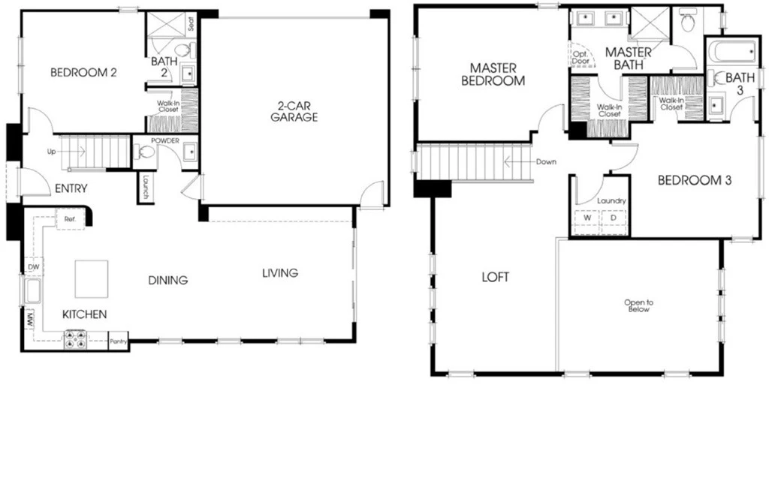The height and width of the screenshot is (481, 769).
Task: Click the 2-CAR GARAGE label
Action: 294,111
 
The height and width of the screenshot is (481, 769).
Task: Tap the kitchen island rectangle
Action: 92,278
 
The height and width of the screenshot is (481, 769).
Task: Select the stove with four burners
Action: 76,339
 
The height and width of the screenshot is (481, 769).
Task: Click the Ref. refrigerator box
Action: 70,219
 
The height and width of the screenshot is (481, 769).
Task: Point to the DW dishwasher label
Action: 33,267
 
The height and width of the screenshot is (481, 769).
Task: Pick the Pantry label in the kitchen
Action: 118,341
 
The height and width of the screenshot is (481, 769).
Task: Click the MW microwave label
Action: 30,321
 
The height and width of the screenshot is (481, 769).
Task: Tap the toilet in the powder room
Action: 145,152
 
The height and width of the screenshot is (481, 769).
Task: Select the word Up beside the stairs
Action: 51,152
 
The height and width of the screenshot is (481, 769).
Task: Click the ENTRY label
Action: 71,188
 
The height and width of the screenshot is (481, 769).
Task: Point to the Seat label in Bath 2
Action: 191,23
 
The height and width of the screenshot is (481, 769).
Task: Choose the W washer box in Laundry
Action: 587,218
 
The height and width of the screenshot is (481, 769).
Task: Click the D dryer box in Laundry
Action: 614,218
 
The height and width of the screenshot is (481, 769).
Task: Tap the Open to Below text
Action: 638,305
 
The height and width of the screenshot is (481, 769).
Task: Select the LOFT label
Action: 496,277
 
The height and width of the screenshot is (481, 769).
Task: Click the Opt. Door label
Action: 581,58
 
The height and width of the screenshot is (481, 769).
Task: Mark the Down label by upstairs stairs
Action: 546,161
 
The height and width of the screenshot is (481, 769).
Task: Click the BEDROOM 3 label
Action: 695,180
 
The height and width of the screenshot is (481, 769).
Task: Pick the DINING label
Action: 168,280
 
